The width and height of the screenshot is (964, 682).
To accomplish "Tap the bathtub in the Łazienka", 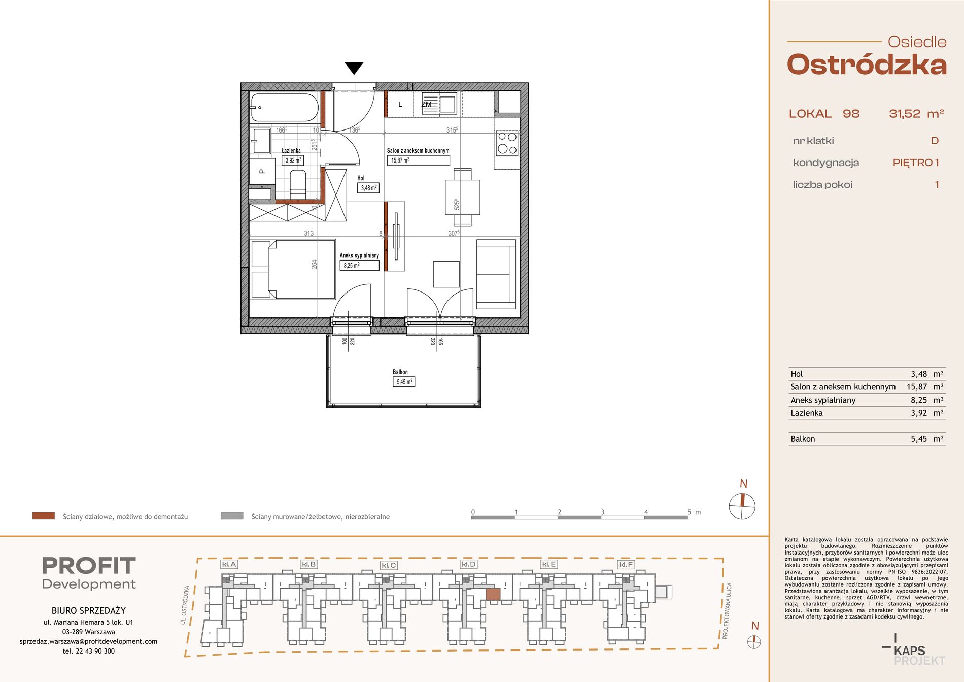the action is pos(284,108).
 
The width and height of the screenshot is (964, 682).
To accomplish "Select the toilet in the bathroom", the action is pos(298,184).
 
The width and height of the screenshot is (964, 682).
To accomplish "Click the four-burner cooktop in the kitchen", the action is pos(507,143).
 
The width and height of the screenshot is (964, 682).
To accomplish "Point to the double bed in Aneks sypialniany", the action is pos(293,269).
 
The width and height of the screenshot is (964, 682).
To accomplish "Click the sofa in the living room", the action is pos(496,274).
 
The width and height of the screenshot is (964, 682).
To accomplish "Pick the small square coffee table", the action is pos(446,274).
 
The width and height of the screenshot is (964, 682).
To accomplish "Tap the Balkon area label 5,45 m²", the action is pos(404,382).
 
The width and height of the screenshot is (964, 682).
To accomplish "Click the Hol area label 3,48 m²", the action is pos(368,188).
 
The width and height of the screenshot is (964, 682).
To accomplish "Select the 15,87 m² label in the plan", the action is pos(400,160).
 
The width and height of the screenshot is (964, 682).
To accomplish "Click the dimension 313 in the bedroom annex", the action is pos(308,234).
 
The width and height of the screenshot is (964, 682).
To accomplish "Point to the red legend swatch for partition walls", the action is pos(43,516).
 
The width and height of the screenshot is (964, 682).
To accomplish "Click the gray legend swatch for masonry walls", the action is pos(232,516).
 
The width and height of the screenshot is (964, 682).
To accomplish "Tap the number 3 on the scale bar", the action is pos(603,512).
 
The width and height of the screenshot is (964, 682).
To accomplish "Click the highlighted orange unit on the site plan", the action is pos(493,594).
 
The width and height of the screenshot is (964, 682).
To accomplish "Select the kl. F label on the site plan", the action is pos(626,564).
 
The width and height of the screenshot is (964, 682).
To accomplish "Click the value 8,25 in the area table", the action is pos(919,400).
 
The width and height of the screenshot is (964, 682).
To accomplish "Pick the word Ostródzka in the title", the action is pos(867,65).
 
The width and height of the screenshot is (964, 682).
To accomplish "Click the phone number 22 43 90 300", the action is pos(95,651).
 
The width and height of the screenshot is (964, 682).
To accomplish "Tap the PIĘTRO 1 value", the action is pos(916,163).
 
